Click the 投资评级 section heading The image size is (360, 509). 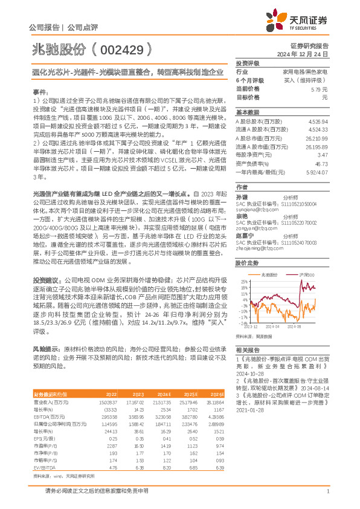[x=247, y=63]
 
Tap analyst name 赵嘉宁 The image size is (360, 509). [x=242, y=236]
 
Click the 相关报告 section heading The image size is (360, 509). [x=247, y=350]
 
